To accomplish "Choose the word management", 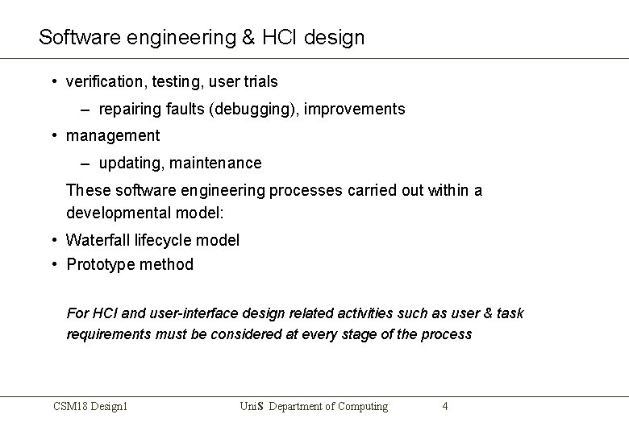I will tap(113, 135).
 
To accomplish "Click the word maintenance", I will tap(218, 163).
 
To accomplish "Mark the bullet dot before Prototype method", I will tap(53, 263).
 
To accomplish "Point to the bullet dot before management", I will tap(53, 135).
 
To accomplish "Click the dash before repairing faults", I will tap(85, 109).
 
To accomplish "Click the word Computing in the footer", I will tap(360, 406).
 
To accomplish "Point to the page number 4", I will tap(445, 406).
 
